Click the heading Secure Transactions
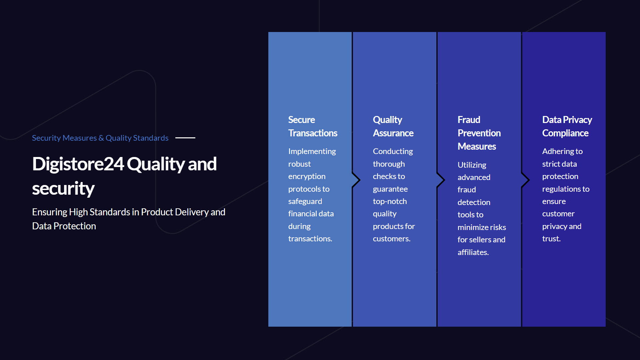(x=313, y=126)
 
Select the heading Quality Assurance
(x=393, y=126)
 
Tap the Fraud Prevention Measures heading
(x=479, y=133)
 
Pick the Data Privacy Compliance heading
(x=567, y=126)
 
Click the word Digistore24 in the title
(x=78, y=164)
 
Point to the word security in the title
(x=63, y=189)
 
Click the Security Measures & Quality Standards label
(x=100, y=138)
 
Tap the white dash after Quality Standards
(x=185, y=138)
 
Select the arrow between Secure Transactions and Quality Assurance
(x=356, y=180)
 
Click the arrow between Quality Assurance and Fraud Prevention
(x=441, y=180)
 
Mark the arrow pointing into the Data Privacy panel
(x=526, y=180)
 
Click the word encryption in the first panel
(x=307, y=177)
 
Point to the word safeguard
(x=305, y=201)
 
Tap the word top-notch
(x=390, y=201)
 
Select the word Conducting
(x=393, y=151)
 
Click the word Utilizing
(x=472, y=165)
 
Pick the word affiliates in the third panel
(x=472, y=252)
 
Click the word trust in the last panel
(x=551, y=239)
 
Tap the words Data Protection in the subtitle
(x=64, y=226)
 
